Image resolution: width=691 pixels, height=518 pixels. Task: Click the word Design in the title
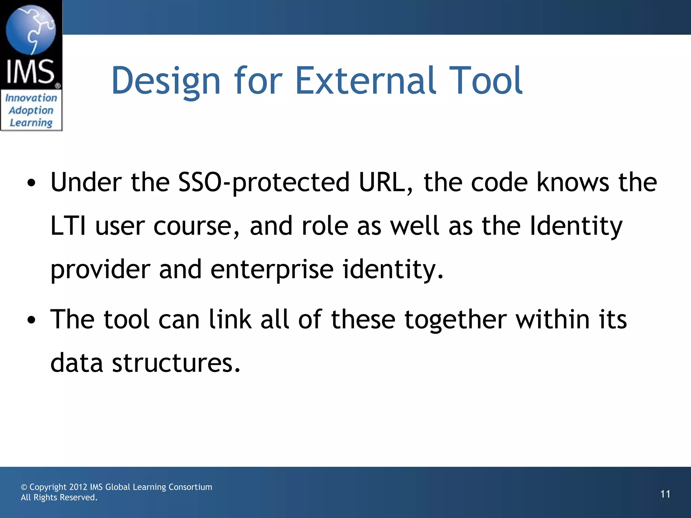(165, 81)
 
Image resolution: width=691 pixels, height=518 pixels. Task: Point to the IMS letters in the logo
(30, 71)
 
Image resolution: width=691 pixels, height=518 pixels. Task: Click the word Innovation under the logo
(31, 98)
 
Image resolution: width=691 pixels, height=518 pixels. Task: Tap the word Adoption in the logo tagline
(31, 111)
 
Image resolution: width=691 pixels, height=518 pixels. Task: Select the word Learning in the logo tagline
(31, 123)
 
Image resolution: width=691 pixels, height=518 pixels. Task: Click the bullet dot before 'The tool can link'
(31, 320)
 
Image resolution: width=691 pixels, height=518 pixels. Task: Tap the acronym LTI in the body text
(68, 226)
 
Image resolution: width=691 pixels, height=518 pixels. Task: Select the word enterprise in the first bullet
(272, 270)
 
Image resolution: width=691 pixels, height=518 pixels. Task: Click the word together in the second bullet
(455, 320)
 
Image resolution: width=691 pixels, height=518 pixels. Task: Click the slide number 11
(665, 494)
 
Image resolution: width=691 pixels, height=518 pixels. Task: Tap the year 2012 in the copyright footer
(78, 487)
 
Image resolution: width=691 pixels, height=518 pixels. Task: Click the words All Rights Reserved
(59, 497)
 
